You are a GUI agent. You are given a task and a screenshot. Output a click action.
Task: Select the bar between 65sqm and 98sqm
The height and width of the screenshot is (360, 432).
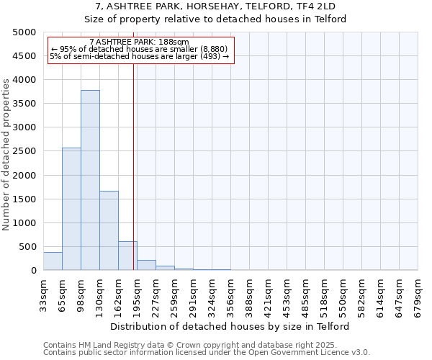71,209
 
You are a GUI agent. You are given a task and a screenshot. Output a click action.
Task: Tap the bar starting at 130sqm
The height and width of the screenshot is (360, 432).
109,230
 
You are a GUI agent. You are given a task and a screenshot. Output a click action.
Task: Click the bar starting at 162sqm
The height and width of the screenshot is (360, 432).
127,256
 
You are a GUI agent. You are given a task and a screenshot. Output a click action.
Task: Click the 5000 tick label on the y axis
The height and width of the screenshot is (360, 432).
24,32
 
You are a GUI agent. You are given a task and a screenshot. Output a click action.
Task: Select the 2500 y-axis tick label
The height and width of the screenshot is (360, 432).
24,151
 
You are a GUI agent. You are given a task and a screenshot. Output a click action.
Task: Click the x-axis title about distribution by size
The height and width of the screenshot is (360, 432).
230,326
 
